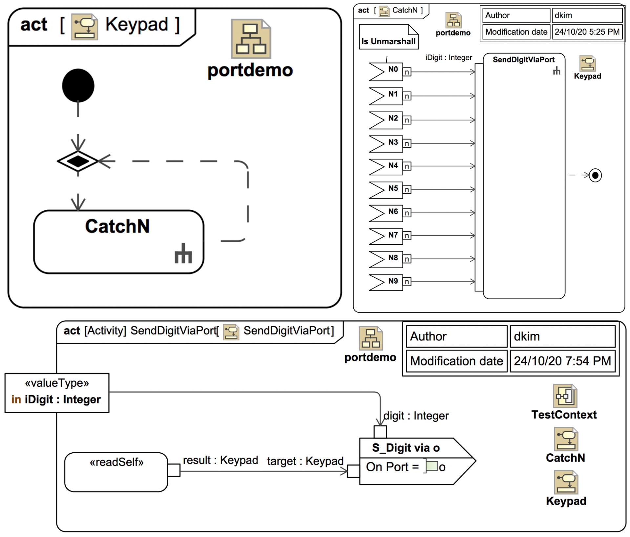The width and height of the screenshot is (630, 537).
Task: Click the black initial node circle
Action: pyautogui.click(x=78, y=86)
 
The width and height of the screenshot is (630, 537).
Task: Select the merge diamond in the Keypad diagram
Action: pyautogui.click(x=78, y=161)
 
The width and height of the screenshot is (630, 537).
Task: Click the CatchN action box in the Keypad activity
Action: pyautogui.click(x=118, y=242)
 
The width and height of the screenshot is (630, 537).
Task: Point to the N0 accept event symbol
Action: pyautogui.click(x=386, y=72)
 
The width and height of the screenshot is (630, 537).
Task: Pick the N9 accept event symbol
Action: pyautogui.click(x=386, y=282)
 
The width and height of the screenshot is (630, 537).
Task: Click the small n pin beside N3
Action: pyautogui.click(x=407, y=143)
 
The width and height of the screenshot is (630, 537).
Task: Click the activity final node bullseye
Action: pyautogui.click(x=595, y=175)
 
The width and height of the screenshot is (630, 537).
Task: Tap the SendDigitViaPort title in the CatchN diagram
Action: pyautogui.click(x=523, y=60)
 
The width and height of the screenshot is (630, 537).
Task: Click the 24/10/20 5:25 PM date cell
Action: pyautogui.click(x=587, y=32)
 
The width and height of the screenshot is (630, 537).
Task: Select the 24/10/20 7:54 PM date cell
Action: pyautogui.click(x=562, y=361)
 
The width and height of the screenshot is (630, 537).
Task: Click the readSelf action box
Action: pyautogui.click(x=116, y=472)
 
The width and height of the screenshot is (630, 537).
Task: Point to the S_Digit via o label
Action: pyautogui.click(x=406, y=448)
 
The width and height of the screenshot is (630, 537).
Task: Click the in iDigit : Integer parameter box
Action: pyautogui.click(x=57, y=393)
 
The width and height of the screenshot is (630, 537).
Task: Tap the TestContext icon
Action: pyautogui.click(x=564, y=396)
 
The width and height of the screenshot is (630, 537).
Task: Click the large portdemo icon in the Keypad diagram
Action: pyautogui.click(x=251, y=39)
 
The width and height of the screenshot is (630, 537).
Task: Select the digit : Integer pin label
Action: pyautogui.click(x=416, y=416)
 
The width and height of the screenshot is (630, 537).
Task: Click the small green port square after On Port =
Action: pyautogui.click(x=432, y=466)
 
